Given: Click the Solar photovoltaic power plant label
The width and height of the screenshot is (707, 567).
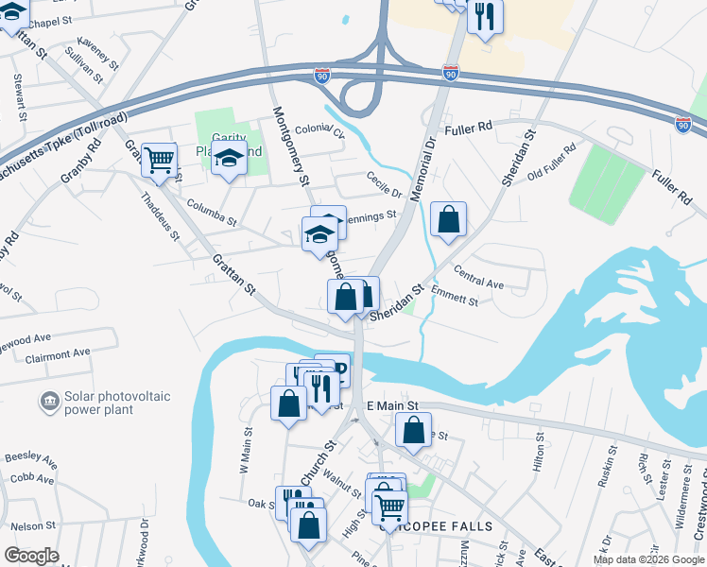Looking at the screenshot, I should click(102, 404).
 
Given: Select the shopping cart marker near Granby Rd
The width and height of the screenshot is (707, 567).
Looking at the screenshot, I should click(160, 161).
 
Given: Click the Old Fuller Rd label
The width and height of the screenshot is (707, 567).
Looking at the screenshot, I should click(551, 163).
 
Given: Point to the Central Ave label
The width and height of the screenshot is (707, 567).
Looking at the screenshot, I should click(478, 282).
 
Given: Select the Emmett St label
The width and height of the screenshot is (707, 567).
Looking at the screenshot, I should click(454, 296).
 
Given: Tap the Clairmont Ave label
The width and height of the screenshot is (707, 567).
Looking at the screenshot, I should click(57, 355).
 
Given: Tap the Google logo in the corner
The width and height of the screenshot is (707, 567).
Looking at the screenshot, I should click(31, 556).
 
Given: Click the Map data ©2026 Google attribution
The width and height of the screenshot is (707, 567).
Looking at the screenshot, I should click(647, 559).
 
